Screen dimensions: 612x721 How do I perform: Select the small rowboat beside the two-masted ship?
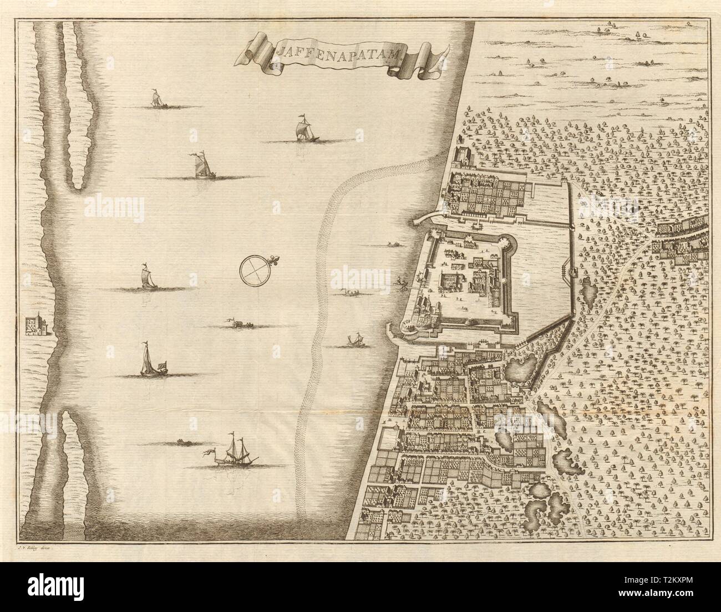[x=181, y=442]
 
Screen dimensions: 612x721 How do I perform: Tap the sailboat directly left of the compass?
[x=145, y=277]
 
